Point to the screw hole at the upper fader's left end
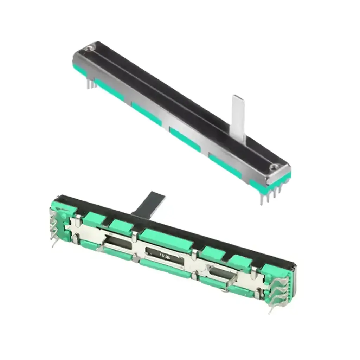(89, 48)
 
